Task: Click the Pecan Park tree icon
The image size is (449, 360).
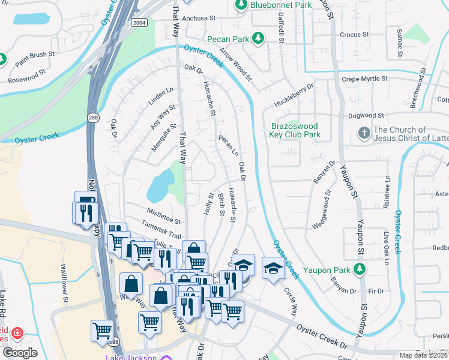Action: click(259, 38)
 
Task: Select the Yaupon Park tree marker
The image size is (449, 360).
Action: click(360, 269)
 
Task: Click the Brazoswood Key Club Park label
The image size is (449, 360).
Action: click(295, 131)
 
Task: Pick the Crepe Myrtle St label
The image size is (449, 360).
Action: click(365, 79)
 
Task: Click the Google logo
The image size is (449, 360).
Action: click(19, 353)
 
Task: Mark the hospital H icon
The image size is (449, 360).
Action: click(17, 332)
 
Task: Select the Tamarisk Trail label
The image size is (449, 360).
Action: click(161, 232)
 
